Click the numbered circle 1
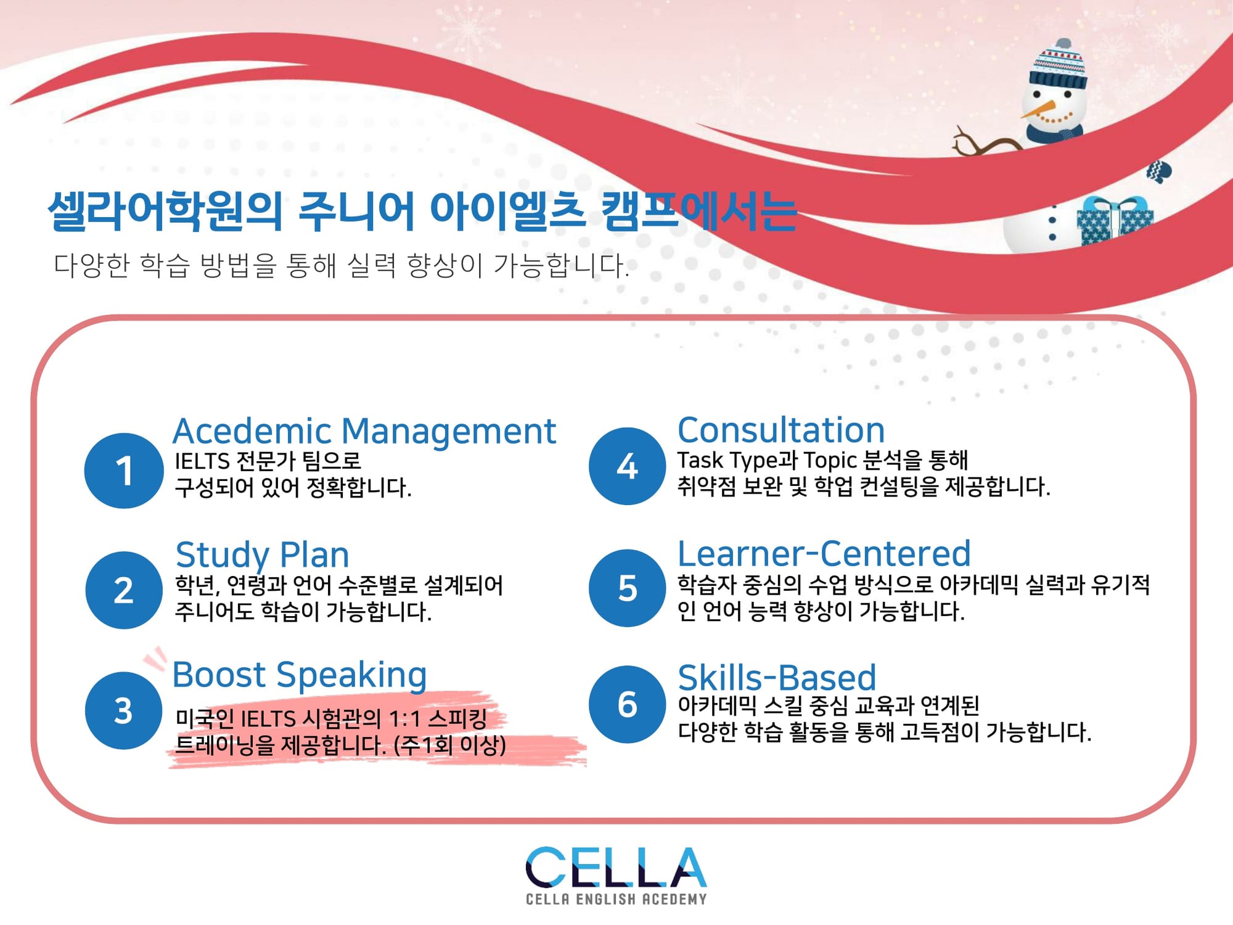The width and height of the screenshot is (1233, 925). pos(124,471)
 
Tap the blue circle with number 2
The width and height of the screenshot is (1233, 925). pos(124,590)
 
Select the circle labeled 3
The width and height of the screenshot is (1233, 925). pos(124,710)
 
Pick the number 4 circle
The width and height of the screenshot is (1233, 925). pos(628,466)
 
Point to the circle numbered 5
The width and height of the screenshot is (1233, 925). pos(628,588)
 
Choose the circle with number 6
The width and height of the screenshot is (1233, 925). pos(628,704)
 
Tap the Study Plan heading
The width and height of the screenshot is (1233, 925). pos(263,556)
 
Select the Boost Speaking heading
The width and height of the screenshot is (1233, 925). pos(300,675)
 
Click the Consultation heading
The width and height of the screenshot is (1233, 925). pos(781,430)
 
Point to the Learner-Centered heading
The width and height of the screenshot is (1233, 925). pos(824,553)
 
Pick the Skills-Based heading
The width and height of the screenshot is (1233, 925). pos(777,677)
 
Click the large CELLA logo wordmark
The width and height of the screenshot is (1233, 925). pos(616,867)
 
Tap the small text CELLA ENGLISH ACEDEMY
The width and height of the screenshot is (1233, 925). pos(616,899)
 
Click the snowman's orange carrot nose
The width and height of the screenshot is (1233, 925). pos(1038,110)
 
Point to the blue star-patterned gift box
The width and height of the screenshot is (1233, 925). pos(1115,221)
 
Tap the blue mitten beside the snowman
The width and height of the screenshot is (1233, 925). pos(1158,171)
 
